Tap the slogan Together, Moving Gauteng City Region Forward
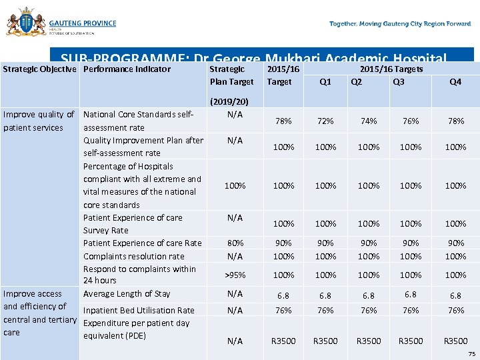coord(400,24)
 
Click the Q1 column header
coord(325,83)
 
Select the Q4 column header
coord(455,83)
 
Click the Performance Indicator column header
coord(127,69)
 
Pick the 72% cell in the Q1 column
coord(325,121)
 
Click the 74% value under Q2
coord(369,121)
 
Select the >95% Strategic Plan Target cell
coord(234,275)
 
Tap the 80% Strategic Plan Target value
coord(234,243)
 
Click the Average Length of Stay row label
coord(127,294)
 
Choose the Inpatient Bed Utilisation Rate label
coord(139,311)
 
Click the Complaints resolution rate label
coord(133,257)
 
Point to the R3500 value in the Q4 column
coord(455,341)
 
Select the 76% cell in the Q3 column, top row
coord(411,121)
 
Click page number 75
coord(472,354)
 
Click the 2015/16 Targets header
coord(391,69)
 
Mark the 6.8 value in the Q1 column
coord(325,295)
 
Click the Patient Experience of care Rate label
coord(142,243)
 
